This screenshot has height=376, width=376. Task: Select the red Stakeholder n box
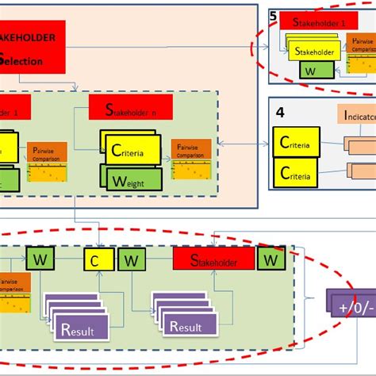[133, 109]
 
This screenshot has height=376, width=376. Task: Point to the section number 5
[273, 15]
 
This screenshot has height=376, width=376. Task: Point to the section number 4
[278, 112]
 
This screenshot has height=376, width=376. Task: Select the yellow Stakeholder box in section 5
[316, 52]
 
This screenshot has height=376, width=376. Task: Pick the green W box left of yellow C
[40, 258]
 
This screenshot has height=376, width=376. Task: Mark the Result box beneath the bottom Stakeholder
[185, 326]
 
